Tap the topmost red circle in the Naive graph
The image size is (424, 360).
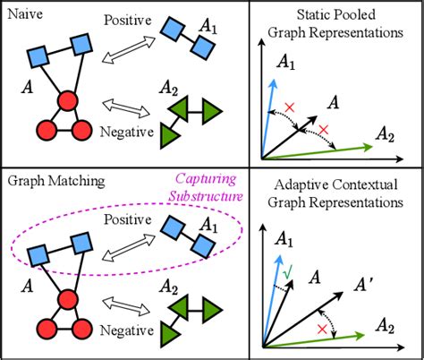click(x=66, y=100)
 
